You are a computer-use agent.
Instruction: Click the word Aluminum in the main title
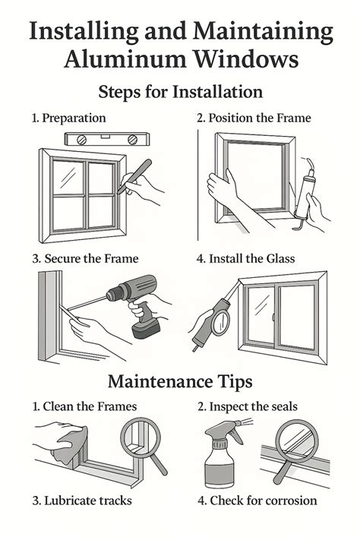[126, 58]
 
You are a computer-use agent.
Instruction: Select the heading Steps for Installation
[181, 92]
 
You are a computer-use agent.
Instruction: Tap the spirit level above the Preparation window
[107, 139]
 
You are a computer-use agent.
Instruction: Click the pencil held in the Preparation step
[134, 176]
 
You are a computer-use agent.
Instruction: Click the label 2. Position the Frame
[254, 118]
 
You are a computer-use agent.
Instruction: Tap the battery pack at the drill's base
[146, 329]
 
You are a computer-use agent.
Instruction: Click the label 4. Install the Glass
[245, 259]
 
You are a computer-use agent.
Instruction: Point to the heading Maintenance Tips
[180, 381]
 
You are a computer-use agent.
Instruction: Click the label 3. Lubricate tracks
[82, 501]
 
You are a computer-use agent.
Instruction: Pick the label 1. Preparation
[69, 118]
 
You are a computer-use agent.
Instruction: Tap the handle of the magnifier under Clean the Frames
[159, 464]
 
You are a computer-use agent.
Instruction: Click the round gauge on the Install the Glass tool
[220, 322]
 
